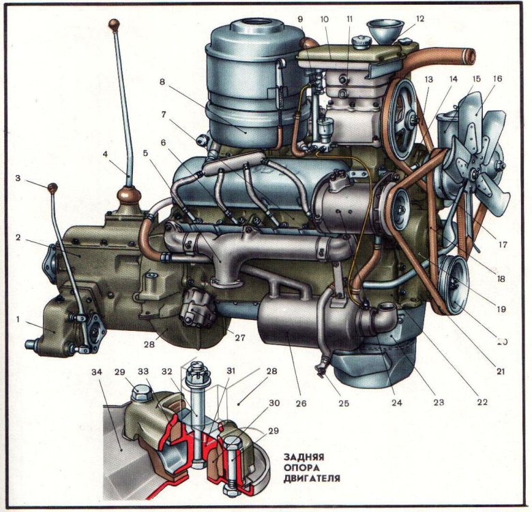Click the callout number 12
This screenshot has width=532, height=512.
pos(419,19)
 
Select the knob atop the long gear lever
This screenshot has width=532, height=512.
pos(114,26)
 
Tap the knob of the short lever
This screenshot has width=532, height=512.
pos(50,187)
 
